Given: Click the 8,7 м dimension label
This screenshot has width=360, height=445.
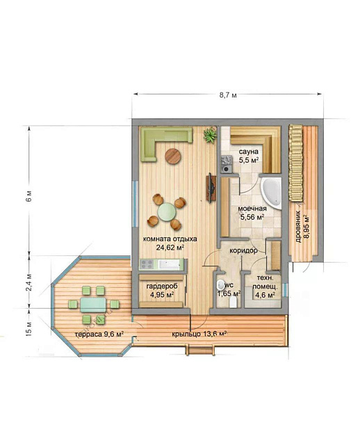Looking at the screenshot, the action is (227, 95).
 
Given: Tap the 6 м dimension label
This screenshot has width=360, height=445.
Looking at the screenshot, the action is (29, 196).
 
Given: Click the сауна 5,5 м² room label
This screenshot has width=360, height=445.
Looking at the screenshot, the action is (249, 156).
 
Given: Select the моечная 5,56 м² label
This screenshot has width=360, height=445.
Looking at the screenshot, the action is (252, 213).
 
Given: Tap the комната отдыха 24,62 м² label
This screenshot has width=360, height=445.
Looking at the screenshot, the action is (170, 243).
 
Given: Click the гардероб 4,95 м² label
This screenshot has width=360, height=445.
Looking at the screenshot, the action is (162, 291).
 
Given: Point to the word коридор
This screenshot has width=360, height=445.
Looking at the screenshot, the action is (243, 250).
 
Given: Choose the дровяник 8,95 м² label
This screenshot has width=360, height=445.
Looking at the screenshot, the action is (302, 227).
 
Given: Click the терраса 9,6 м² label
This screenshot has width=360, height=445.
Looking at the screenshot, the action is (99, 334).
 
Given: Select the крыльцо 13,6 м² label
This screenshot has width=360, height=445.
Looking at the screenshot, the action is (199, 334).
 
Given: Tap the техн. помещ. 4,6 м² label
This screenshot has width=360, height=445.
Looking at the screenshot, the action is (265, 286).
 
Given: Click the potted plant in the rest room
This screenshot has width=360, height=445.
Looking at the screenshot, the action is (210, 136).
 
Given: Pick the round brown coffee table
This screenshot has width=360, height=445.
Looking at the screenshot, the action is (173, 156).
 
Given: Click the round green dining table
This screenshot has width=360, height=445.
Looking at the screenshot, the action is (167, 211).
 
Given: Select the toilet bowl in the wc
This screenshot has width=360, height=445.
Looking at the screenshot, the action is (220, 284).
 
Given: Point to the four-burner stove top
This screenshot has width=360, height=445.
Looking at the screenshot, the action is (147, 264).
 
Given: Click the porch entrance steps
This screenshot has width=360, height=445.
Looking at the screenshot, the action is (199, 349).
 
